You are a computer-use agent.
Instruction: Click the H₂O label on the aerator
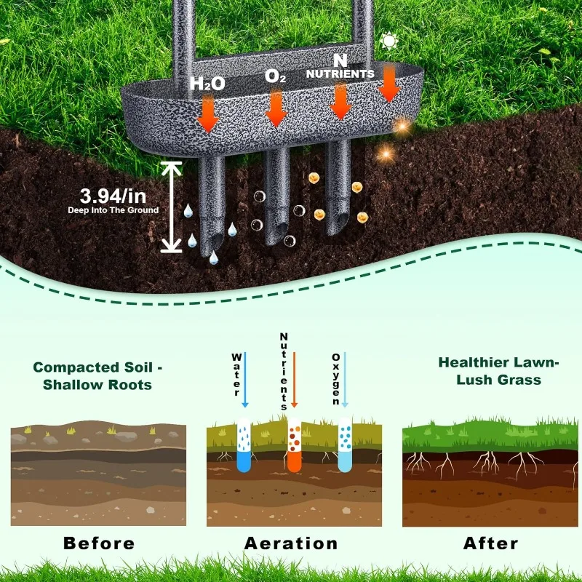coord(207,84)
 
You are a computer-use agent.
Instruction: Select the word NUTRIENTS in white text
coord(340,74)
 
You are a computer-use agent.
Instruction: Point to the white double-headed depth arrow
coord(172,207)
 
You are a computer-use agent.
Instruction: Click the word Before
coord(99,543)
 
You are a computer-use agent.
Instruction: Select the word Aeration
coord(291,543)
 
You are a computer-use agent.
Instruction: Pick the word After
coord(490,543)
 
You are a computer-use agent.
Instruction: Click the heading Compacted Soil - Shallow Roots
coord(92,376)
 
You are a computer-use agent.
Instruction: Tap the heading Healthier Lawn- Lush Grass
coord(489,370)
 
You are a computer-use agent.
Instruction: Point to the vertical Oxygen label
coord(336,379)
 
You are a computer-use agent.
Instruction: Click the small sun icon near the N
coord(389,41)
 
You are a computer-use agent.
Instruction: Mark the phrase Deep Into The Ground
coord(113,210)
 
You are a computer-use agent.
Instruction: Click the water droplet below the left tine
coord(214,258)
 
